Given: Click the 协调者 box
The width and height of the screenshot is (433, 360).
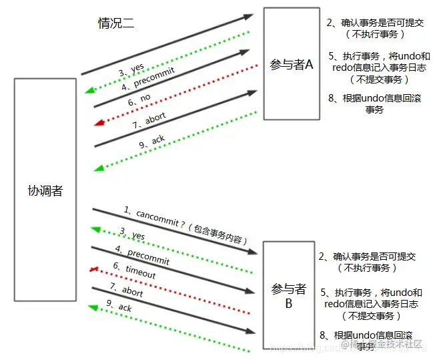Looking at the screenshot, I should (x=45, y=190).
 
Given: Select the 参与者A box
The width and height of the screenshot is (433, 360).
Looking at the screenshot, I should (x=291, y=63).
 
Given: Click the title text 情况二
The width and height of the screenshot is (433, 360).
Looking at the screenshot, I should (x=116, y=24).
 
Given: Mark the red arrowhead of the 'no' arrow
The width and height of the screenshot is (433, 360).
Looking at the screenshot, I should (x=99, y=122).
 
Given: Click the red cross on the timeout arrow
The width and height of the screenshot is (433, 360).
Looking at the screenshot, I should (x=94, y=269).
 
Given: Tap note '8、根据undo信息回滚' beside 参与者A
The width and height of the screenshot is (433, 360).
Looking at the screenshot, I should (x=374, y=104).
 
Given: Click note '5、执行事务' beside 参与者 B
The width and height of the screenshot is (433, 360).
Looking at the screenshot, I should (x=372, y=303).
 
